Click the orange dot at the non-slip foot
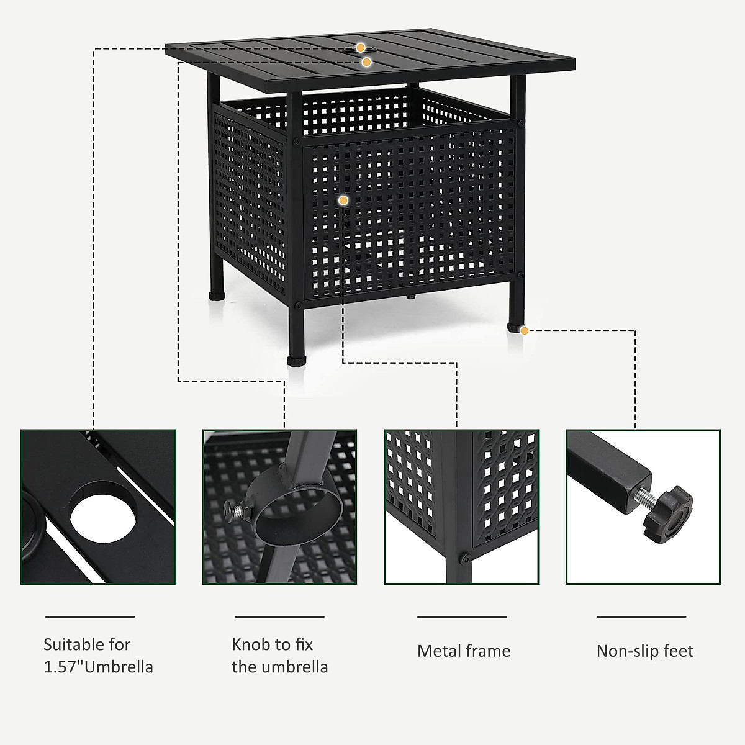525,331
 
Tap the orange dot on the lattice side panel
343,200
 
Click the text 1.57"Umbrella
98,667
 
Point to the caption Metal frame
464,651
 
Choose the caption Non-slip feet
644,651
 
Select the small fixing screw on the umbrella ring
234,510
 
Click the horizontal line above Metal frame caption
462,617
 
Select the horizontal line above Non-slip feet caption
641,617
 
